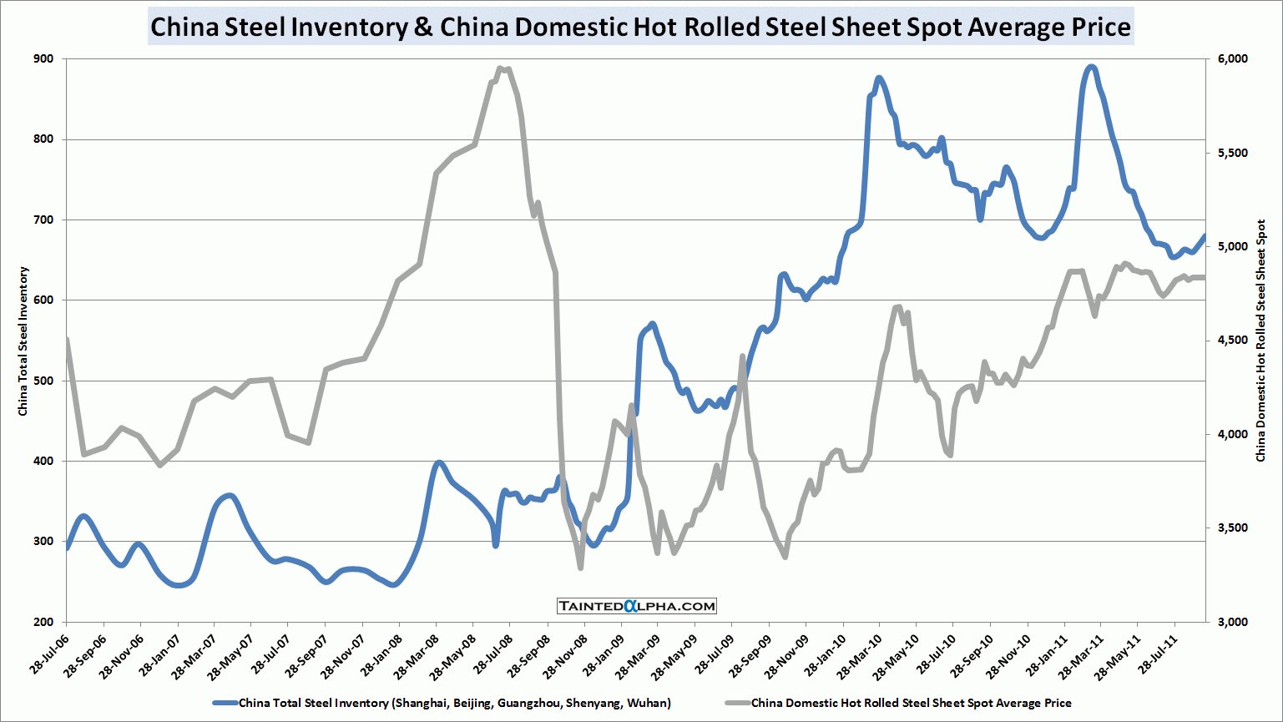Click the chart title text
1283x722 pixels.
[x=640, y=28]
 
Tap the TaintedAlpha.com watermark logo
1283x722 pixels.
[x=637, y=606]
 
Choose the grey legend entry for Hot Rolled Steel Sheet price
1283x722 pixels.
[x=911, y=703]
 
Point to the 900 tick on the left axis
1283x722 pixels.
[x=43, y=58]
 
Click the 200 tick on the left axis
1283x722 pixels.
[x=43, y=622]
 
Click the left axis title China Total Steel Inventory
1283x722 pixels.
[x=23, y=341]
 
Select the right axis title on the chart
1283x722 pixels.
[x=1260, y=341]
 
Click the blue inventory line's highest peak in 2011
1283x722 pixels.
[x=1090, y=67]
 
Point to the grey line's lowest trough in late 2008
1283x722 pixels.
[x=580, y=568]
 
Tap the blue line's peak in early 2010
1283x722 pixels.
[x=878, y=78]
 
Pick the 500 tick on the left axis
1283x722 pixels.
[x=43, y=381]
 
